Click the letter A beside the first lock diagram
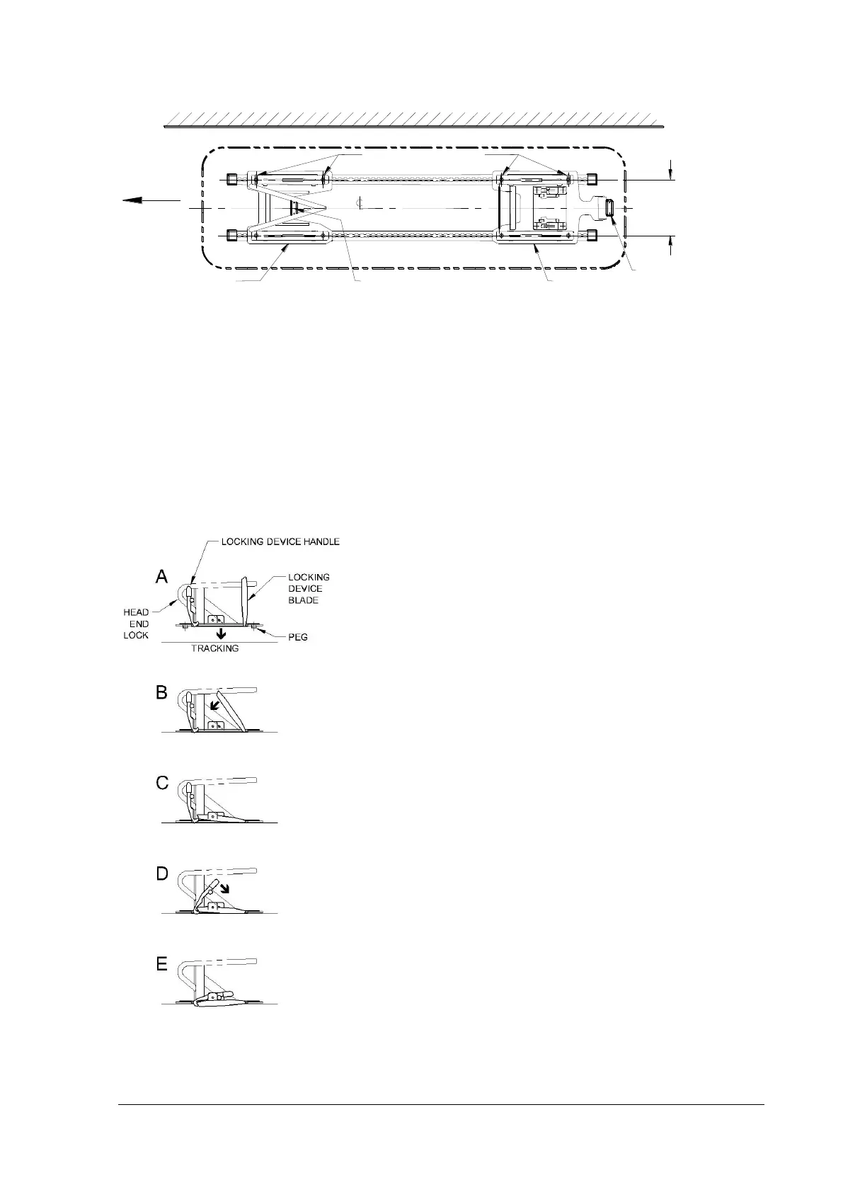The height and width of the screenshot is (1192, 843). click(162, 578)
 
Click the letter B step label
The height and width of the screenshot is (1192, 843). click(162, 693)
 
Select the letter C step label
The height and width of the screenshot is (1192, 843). click(162, 784)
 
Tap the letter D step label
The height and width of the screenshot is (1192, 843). click(162, 874)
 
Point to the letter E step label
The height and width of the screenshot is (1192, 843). click(162, 965)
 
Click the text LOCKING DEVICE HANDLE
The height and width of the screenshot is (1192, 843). click(280, 541)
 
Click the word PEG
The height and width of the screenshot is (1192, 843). click(298, 637)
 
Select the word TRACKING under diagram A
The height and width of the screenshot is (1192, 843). click(215, 648)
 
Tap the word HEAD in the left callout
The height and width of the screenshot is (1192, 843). click(136, 612)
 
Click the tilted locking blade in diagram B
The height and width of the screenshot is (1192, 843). click(236, 710)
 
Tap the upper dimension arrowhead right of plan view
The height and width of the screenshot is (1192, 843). click(671, 173)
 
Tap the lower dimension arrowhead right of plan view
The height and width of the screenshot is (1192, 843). click(671, 245)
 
